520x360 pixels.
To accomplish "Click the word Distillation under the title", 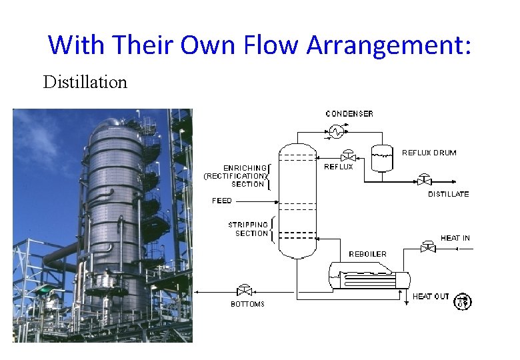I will (x=85, y=82).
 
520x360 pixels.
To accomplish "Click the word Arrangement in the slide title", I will (x=389, y=45).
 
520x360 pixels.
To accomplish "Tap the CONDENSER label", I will (x=349, y=114).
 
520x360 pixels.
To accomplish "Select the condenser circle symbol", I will (x=337, y=132).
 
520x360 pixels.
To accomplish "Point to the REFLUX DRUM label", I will (x=429, y=153).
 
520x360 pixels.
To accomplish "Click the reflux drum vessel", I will (x=381, y=158).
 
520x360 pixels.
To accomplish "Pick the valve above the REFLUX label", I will (x=347, y=157).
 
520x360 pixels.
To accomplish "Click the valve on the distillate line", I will (x=423, y=179).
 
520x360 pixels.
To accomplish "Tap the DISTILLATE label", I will (x=448, y=194).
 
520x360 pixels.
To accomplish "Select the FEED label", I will (x=222, y=201).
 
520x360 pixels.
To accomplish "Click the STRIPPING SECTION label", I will (x=248, y=229).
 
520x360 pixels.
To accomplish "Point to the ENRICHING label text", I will (x=246, y=168).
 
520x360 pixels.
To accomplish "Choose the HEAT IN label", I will (x=455, y=238).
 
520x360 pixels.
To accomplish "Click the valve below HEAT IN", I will (x=429, y=248).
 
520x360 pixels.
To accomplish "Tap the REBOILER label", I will (x=367, y=254).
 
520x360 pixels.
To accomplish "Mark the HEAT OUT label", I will (x=431, y=296).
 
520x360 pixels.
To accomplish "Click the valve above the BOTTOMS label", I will (x=243, y=291).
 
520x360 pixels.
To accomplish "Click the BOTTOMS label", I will (x=247, y=304).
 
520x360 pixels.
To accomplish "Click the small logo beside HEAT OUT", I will (x=463, y=301).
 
